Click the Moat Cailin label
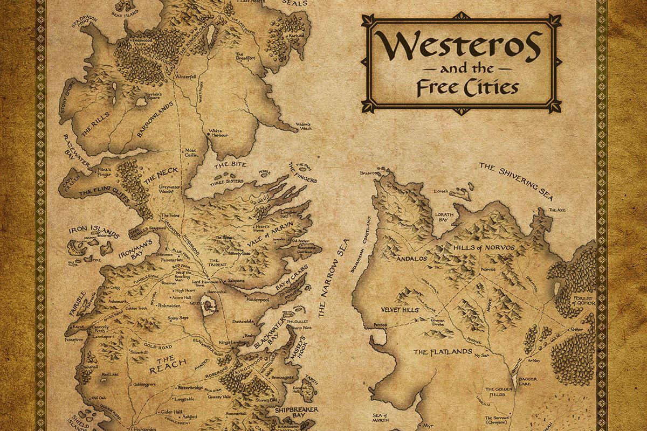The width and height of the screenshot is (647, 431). (192, 152)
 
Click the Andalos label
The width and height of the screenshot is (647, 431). (411, 258)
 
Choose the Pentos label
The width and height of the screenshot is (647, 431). (380, 325)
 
